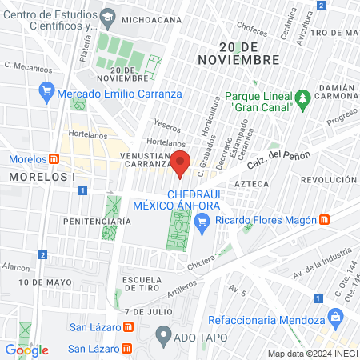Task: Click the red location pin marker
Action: [181, 162]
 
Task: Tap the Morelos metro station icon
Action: [54, 158]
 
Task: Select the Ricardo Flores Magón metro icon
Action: [325, 219]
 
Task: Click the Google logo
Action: [26, 350]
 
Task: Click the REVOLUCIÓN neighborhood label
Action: [329, 181]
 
